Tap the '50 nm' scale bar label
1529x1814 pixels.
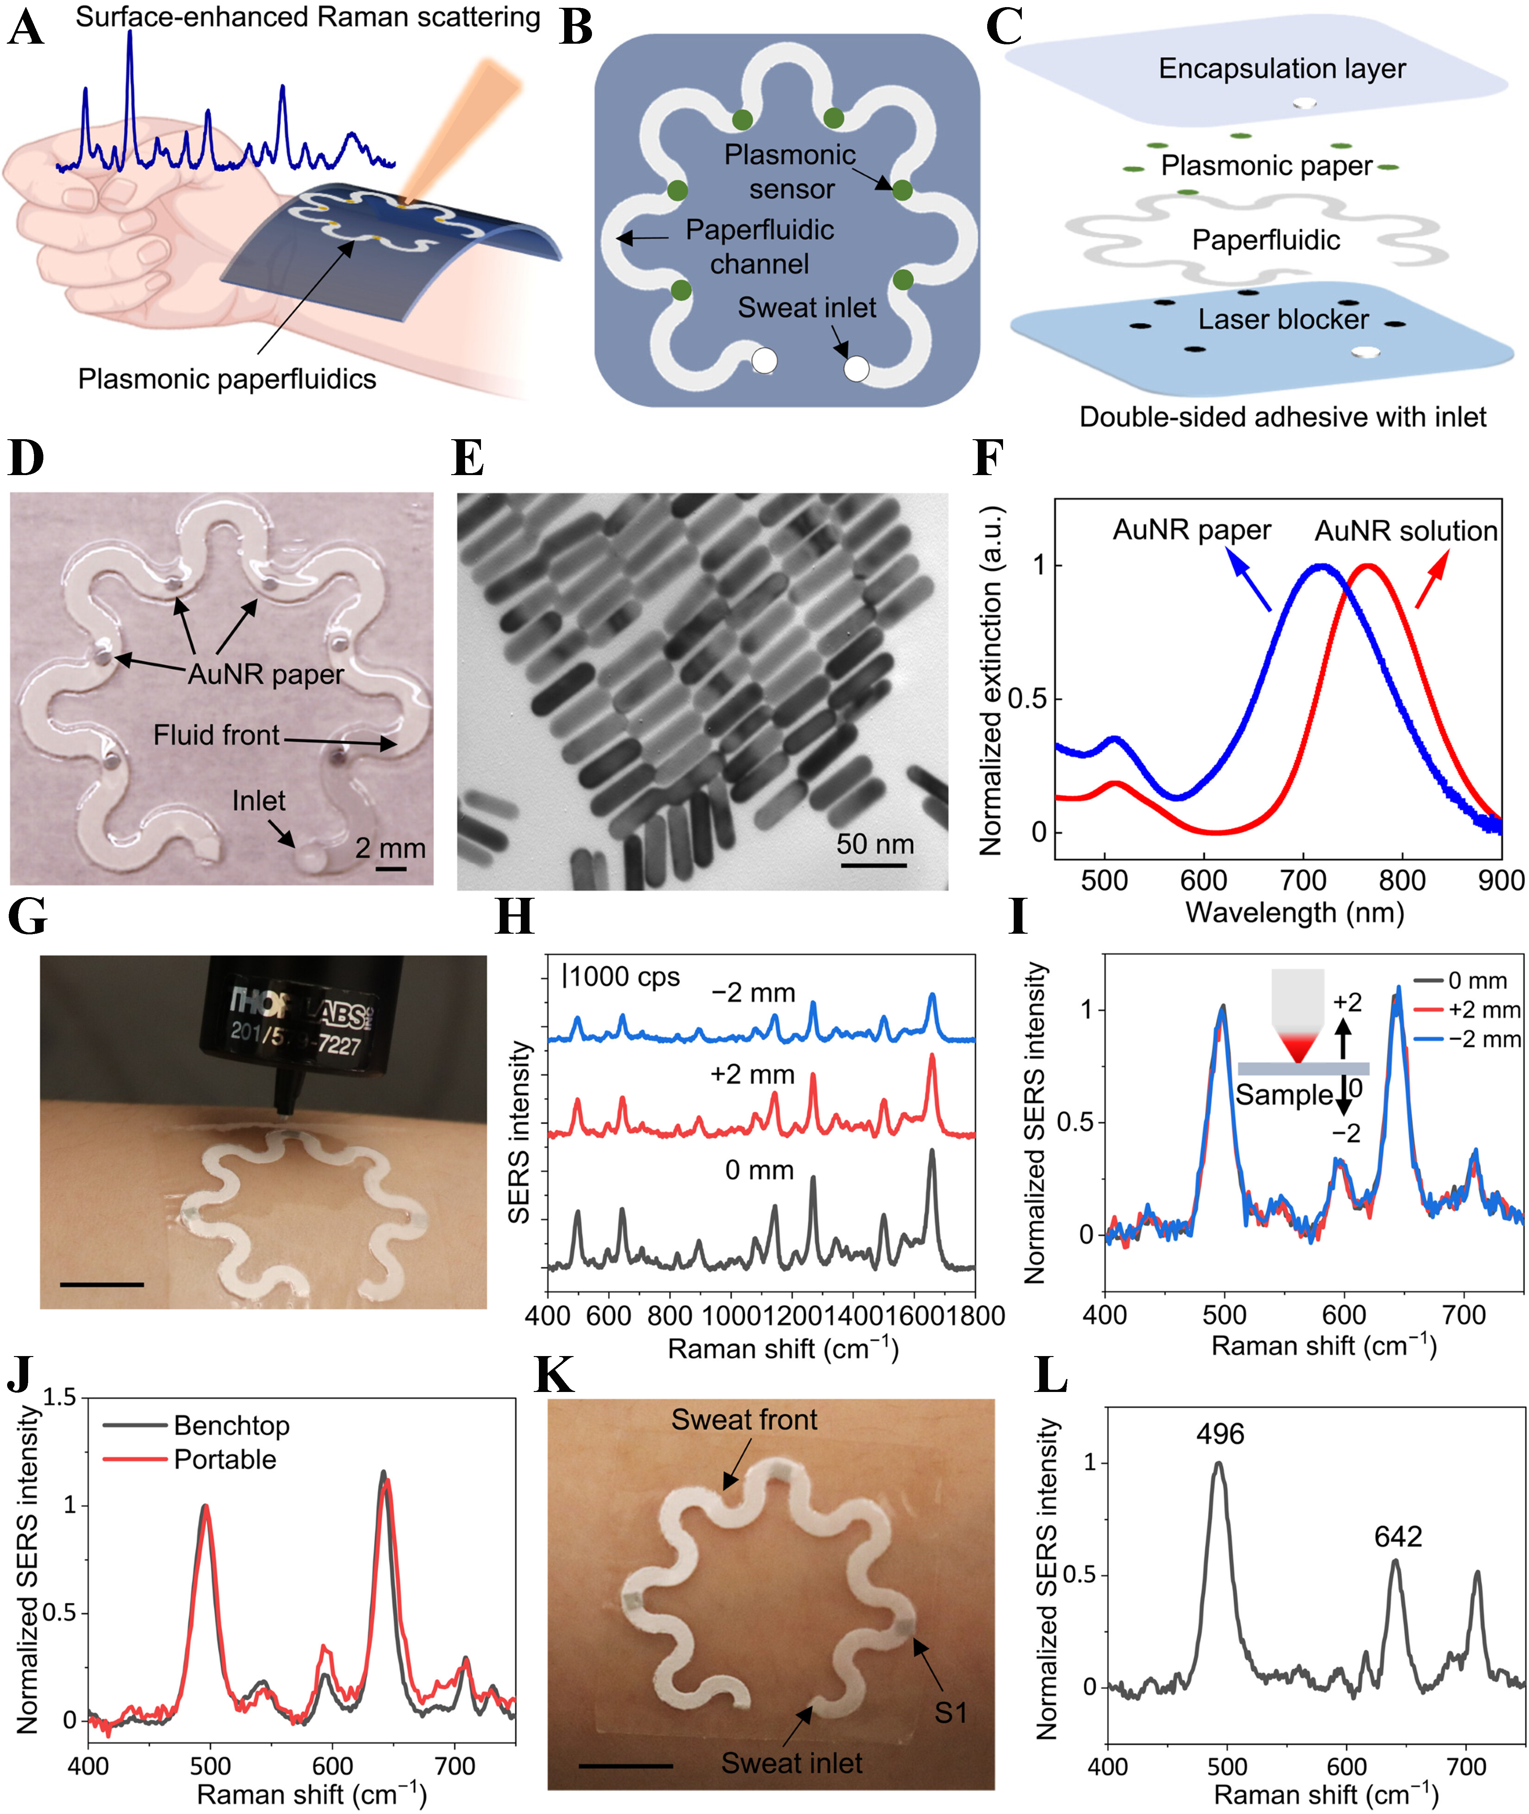coord(875,843)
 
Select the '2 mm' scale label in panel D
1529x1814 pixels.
coord(390,848)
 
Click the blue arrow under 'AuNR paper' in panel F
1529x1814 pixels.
coord(1250,583)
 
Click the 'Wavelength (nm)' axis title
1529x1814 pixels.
coord(1294,912)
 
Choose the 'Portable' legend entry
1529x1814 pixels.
coord(225,1460)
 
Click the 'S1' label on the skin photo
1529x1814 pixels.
coord(950,1713)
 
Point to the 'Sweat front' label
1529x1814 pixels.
coord(744,1420)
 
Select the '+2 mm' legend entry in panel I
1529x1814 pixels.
coord(1484,1010)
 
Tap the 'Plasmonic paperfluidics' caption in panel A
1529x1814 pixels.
coord(227,379)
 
